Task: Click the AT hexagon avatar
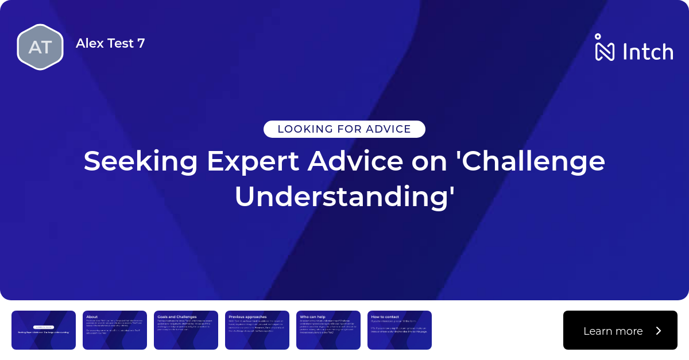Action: click(x=40, y=47)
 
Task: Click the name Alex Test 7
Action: click(x=110, y=43)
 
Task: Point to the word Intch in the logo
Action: click(x=648, y=52)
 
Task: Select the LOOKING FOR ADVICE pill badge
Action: click(x=344, y=129)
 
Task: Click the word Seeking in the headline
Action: click(x=141, y=161)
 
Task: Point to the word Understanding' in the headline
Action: click(x=344, y=196)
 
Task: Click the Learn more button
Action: click(x=620, y=330)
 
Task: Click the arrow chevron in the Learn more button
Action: click(x=659, y=331)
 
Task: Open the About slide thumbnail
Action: click(x=115, y=330)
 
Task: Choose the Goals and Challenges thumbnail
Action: click(x=186, y=330)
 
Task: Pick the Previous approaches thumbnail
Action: click(x=257, y=330)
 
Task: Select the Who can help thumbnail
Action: click(x=328, y=330)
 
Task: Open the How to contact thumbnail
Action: click(x=400, y=330)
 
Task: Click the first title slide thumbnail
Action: click(x=44, y=330)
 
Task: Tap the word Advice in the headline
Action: click(x=355, y=161)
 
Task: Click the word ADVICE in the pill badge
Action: click(x=389, y=129)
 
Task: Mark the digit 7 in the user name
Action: click(x=141, y=43)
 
